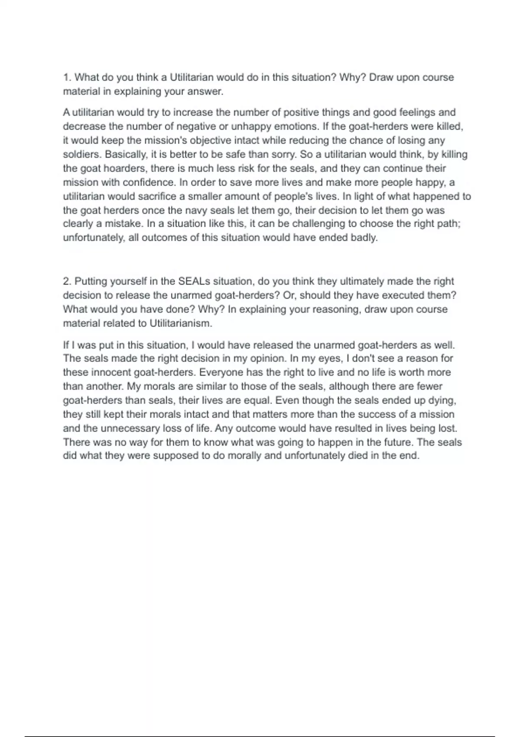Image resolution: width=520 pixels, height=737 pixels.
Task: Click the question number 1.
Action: (x=66, y=78)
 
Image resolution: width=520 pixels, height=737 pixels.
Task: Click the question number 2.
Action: (x=67, y=281)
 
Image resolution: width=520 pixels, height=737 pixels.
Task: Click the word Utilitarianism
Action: (x=181, y=323)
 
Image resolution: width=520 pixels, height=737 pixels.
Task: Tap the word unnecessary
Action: (x=130, y=428)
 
